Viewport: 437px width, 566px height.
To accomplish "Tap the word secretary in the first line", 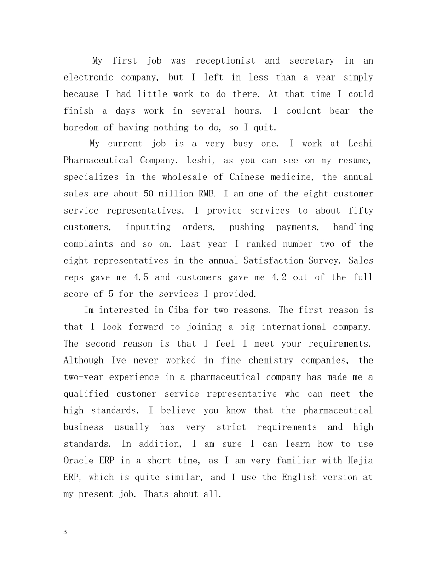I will [312, 61].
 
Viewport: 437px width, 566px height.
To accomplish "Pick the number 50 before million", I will [149, 194].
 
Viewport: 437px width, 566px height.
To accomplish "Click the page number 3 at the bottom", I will [65, 532].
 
